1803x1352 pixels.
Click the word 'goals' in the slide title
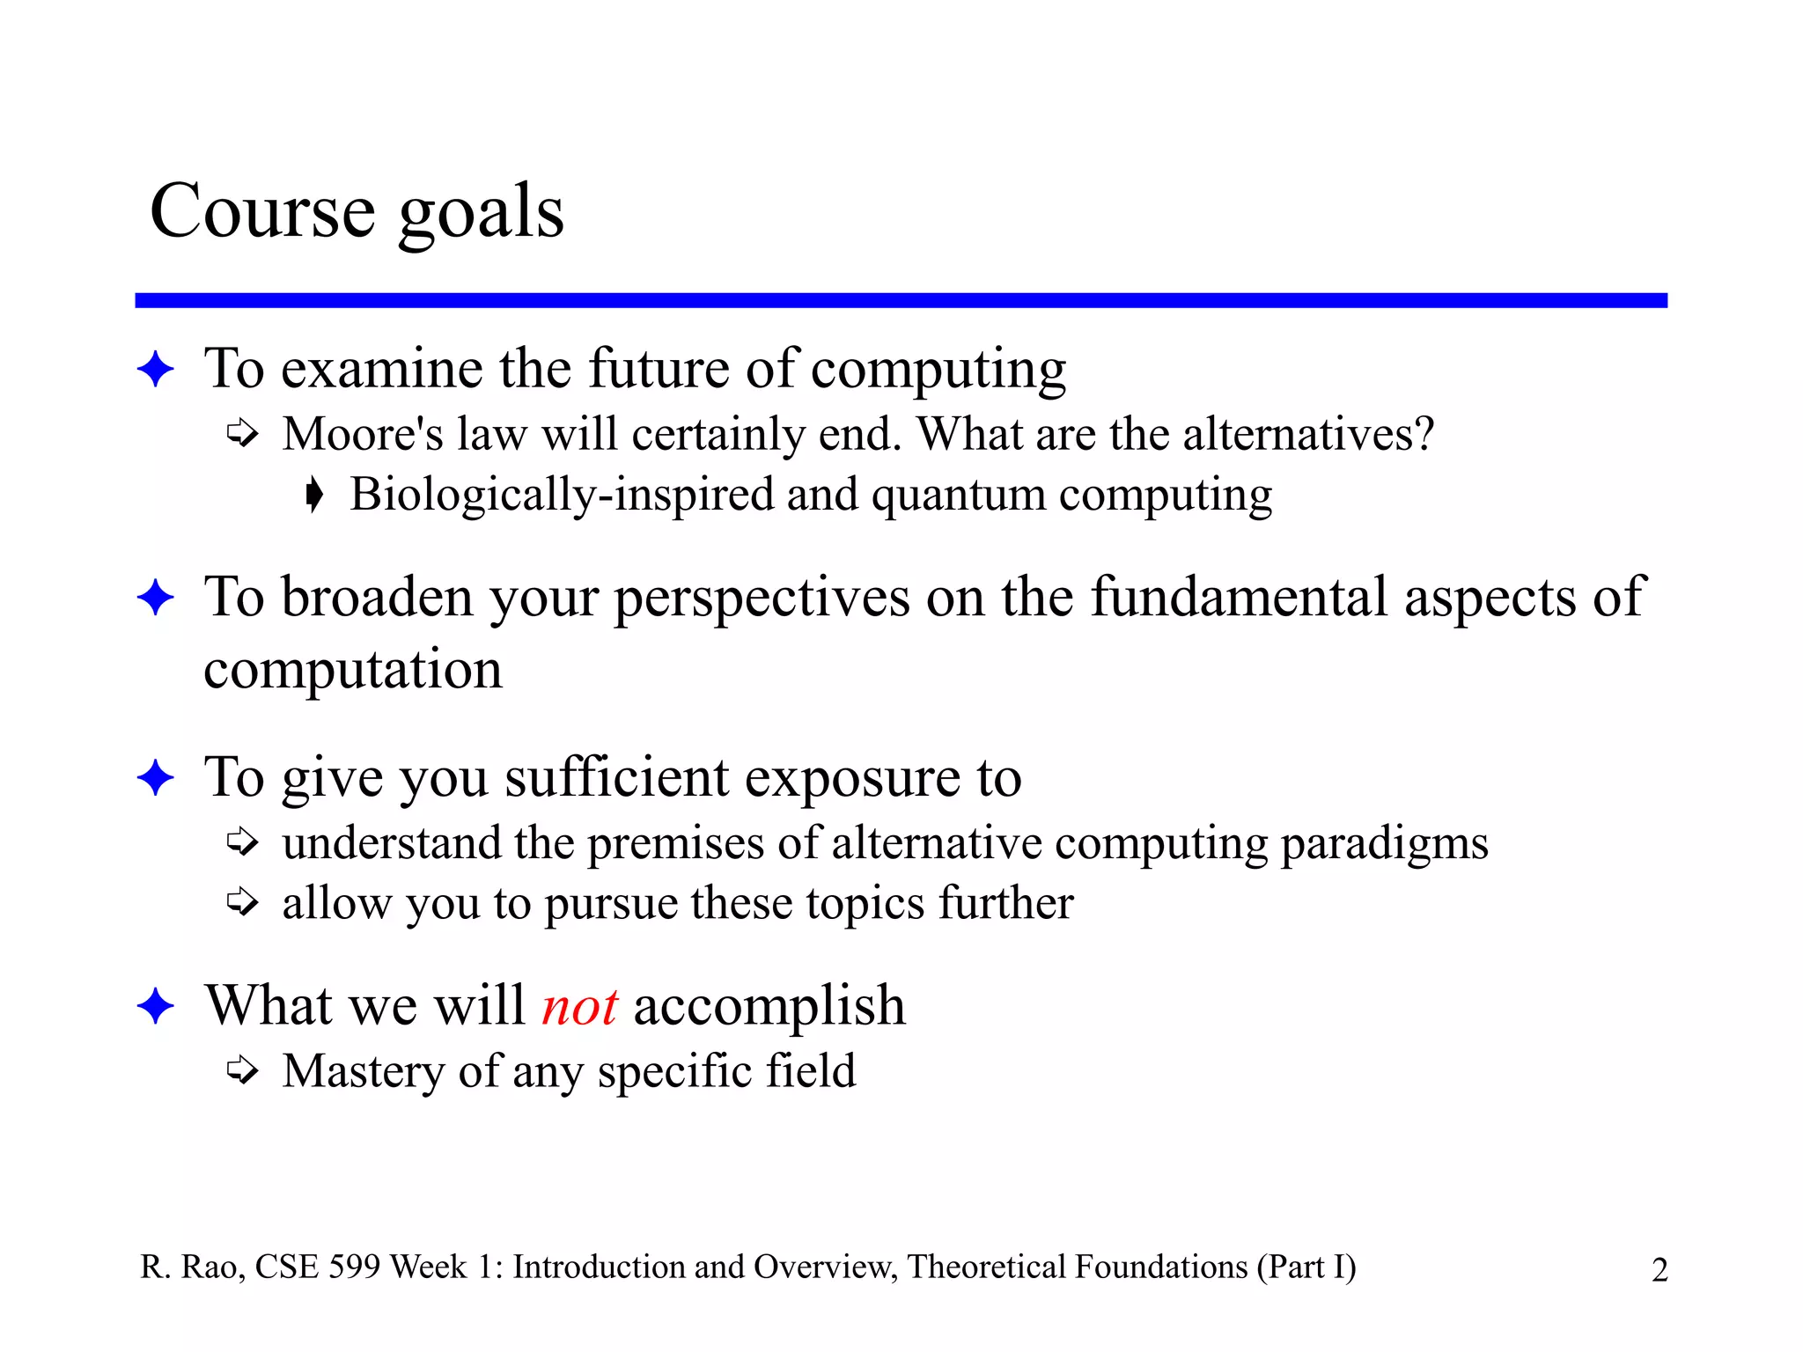(481, 214)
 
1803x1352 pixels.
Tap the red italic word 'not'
(579, 1006)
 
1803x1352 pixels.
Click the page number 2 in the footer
(1659, 1270)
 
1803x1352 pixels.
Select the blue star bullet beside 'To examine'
(156, 369)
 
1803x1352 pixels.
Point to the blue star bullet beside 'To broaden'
(156, 599)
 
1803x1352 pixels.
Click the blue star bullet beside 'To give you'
(156, 778)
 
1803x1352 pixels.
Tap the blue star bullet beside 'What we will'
(156, 1006)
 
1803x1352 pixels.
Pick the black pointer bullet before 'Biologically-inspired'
(314, 495)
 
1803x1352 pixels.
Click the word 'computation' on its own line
(353, 670)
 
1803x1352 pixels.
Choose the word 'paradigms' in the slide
(1384, 844)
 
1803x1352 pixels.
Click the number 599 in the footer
(355, 1267)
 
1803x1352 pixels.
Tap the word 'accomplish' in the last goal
(769, 1006)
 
